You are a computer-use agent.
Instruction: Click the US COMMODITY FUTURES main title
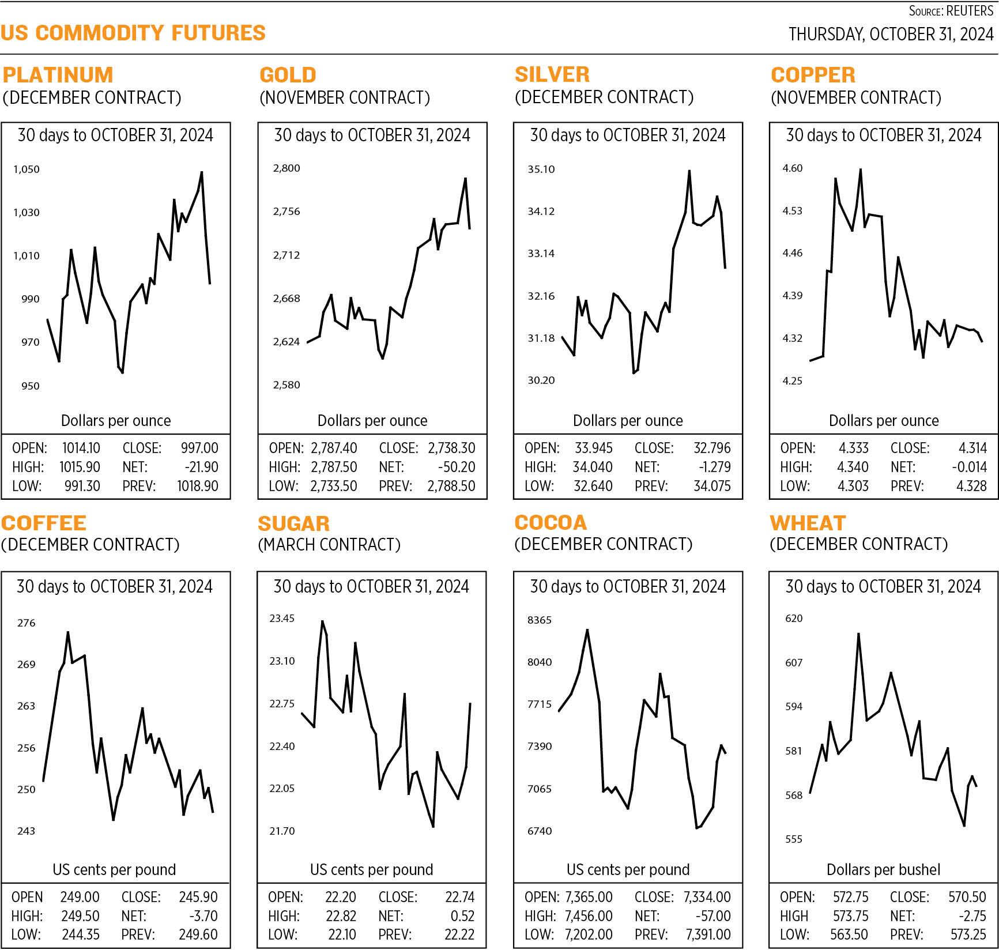(x=133, y=33)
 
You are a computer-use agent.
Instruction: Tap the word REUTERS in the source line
(x=970, y=11)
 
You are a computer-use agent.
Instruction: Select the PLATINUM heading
(x=58, y=75)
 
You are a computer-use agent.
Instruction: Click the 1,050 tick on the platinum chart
(x=27, y=169)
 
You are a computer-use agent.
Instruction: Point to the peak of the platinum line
(x=201, y=172)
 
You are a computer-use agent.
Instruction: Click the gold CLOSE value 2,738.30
(x=451, y=448)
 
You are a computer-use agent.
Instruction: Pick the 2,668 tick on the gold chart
(x=286, y=298)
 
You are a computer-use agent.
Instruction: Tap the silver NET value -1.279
(x=714, y=467)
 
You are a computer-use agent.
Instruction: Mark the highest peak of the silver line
(x=689, y=171)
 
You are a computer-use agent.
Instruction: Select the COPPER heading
(x=813, y=75)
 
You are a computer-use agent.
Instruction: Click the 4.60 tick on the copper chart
(x=792, y=168)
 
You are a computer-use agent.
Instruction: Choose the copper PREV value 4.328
(x=971, y=486)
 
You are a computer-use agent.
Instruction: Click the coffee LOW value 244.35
(x=81, y=934)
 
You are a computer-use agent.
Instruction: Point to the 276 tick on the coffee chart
(x=26, y=623)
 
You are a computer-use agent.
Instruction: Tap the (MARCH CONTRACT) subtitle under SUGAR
(x=329, y=544)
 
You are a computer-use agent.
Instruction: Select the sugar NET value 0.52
(x=462, y=915)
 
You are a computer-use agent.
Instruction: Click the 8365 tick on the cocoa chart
(x=540, y=620)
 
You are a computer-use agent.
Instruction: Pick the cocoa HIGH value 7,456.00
(x=589, y=915)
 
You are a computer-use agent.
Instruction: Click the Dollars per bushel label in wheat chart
(x=883, y=869)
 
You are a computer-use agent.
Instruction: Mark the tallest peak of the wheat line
(x=858, y=634)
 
